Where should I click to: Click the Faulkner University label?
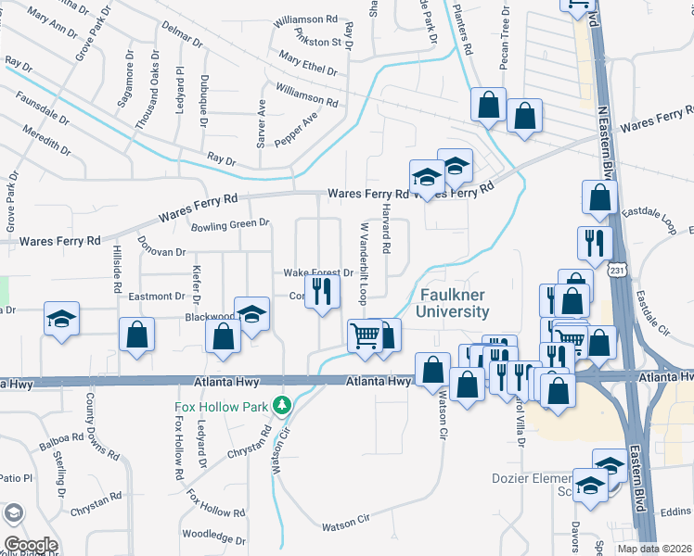(x=452, y=303)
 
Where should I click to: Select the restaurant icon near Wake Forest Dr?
(x=321, y=292)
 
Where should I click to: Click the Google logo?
(x=31, y=545)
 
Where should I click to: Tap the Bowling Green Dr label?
(x=230, y=224)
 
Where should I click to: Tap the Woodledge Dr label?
(x=212, y=536)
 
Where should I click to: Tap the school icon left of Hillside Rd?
(x=61, y=320)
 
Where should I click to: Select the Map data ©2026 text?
(x=654, y=549)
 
